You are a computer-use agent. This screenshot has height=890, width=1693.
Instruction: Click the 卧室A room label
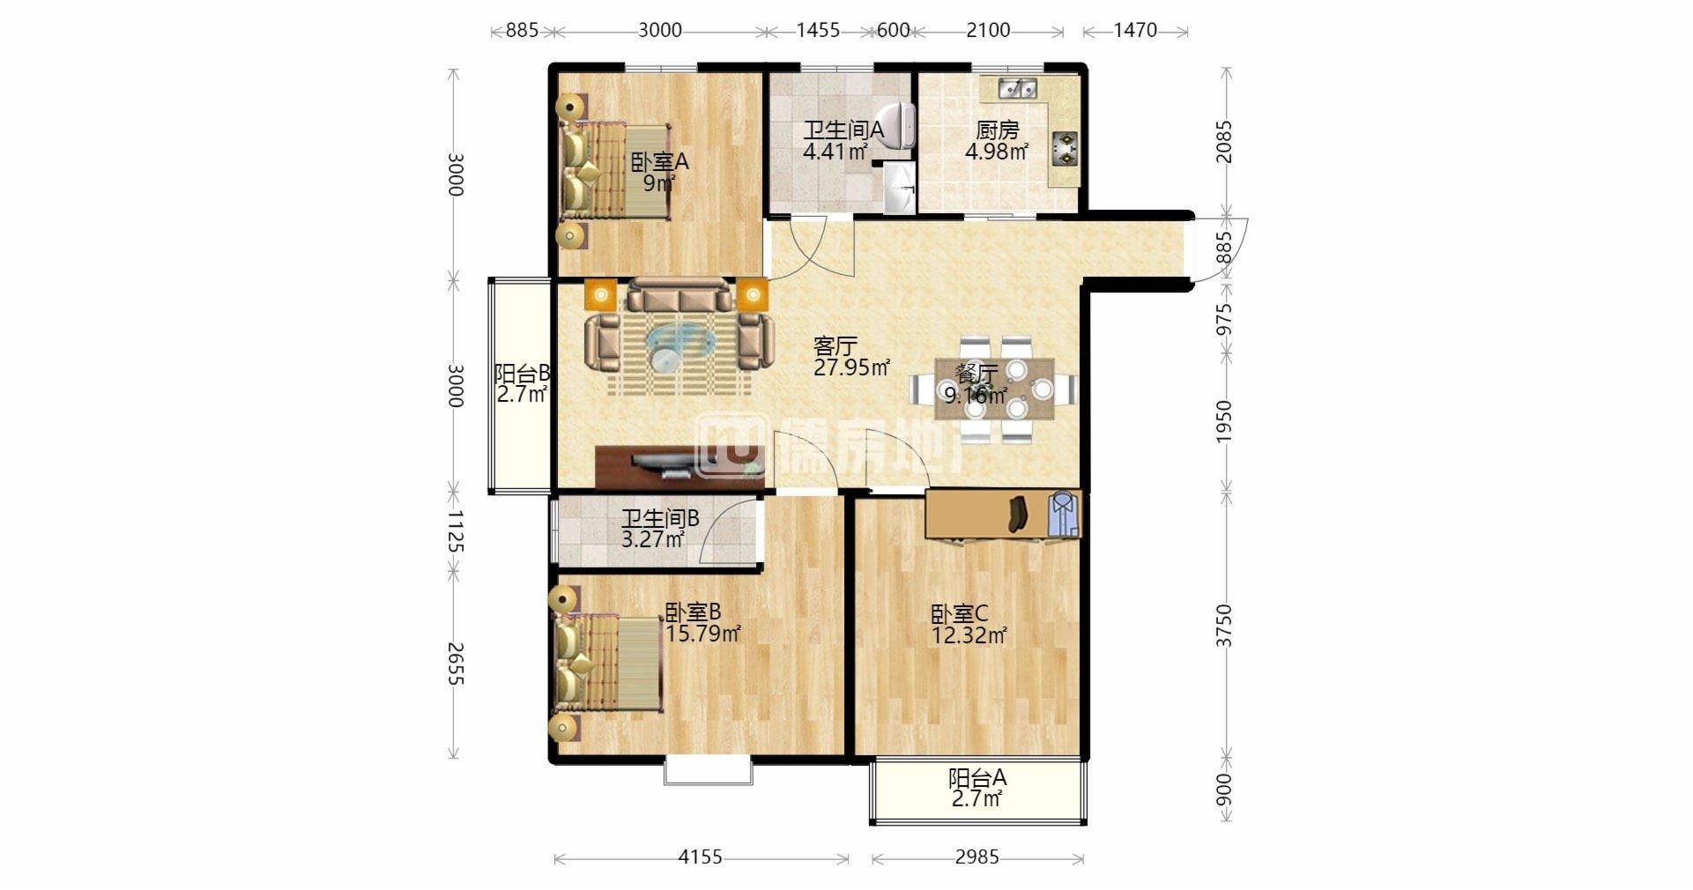click(659, 162)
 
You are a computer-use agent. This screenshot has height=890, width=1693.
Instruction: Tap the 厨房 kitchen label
click(997, 130)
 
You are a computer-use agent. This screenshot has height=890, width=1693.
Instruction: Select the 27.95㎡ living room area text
click(851, 367)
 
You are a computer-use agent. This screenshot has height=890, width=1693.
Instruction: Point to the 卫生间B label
click(660, 519)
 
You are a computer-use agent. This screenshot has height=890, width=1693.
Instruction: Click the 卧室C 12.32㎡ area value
click(969, 634)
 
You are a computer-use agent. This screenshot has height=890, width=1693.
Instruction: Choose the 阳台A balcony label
click(977, 778)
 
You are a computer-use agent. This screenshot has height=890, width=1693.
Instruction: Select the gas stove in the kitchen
click(1066, 147)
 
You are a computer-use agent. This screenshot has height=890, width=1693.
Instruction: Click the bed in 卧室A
click(615, 172)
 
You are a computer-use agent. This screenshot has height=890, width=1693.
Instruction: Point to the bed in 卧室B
click(608, 664)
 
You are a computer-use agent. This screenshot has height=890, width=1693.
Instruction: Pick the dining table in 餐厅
click(994, 389)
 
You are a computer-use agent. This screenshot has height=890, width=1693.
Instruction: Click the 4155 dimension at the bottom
click(700, 857)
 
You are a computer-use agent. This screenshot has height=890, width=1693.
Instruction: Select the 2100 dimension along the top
click(988, 30)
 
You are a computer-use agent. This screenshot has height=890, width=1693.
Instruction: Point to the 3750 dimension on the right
click(1224, 626)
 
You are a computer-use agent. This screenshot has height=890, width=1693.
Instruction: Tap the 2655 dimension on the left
click(454, 664)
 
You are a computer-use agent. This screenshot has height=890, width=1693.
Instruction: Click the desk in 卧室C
click(1003, 514)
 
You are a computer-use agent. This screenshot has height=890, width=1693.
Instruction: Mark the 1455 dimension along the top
click(818, 30)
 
